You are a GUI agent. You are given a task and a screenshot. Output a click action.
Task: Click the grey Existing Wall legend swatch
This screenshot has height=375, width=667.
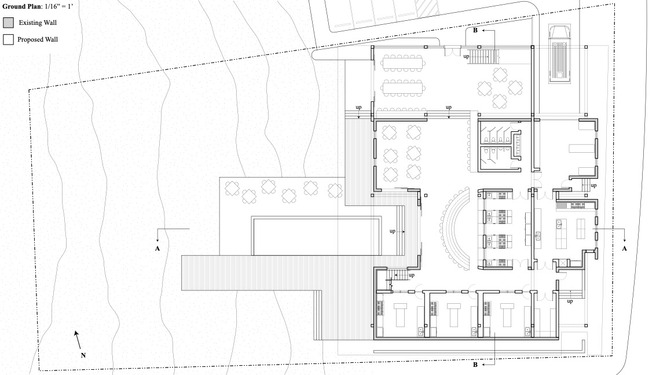8,23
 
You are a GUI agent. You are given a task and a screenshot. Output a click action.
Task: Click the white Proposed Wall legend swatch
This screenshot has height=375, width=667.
8,39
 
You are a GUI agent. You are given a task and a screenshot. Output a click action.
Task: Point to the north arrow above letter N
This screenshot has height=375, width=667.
77,340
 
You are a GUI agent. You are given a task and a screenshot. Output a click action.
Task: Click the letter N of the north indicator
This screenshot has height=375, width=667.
83,355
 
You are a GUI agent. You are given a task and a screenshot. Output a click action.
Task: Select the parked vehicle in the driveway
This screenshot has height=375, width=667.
559,54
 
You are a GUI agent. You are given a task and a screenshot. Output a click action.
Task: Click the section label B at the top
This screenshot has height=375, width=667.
475,30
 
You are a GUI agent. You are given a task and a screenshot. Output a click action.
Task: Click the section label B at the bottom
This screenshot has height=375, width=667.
475,365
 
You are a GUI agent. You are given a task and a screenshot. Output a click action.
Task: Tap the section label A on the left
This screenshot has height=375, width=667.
157,249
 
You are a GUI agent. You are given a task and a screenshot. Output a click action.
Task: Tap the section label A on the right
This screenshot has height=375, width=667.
625,248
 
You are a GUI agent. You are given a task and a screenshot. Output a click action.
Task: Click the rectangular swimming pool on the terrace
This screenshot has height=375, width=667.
317,236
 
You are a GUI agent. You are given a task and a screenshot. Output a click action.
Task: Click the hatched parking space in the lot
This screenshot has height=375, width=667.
423,9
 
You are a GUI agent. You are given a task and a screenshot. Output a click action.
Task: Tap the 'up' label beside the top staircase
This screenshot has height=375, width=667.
466,56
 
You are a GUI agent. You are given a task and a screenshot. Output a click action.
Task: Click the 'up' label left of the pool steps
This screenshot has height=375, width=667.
392,231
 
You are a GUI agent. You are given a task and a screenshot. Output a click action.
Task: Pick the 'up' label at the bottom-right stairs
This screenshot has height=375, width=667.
570,301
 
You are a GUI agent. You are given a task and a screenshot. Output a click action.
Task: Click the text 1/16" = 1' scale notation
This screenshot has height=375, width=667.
58,6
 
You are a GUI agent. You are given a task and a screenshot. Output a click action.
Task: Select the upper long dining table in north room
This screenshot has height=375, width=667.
403,64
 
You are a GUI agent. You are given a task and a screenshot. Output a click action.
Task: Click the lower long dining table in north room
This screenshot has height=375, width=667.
403,89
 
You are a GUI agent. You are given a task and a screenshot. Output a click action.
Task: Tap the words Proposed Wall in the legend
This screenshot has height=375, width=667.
38,39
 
